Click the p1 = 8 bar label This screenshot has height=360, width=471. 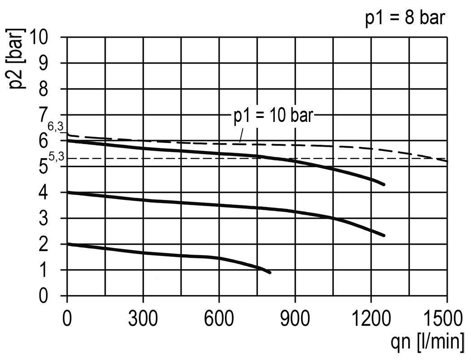[x=405, y=19]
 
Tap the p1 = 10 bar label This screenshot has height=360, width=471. [x=272, y=117]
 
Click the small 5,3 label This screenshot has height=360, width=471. [x=56, y=157]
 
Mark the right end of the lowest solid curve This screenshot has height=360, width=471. [x=269, y=272]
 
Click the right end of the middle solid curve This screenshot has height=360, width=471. [x=384, y=235]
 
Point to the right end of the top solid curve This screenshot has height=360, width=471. [x=384, y=184]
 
